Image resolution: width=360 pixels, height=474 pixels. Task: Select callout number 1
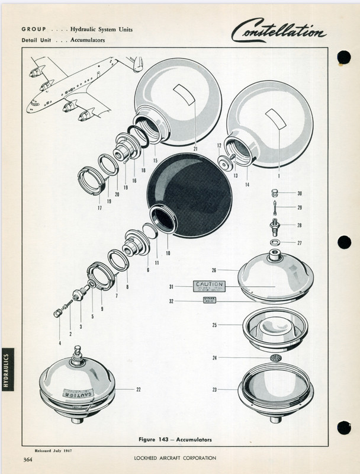(279, 176)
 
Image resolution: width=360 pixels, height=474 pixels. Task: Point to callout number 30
(300, 194)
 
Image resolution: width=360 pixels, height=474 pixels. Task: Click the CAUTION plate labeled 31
(209, 287)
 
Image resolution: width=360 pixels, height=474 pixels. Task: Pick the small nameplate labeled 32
(210, 301)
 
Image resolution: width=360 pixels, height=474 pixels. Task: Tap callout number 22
(138, 389)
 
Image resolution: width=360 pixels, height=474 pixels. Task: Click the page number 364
(27, 459)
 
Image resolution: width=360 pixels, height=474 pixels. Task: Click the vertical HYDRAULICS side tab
(7, 371)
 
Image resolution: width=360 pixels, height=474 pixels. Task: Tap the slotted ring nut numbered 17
(92, 180)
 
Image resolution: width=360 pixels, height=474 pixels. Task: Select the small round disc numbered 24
(274, 358)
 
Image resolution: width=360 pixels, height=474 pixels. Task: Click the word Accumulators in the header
(89, 40)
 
